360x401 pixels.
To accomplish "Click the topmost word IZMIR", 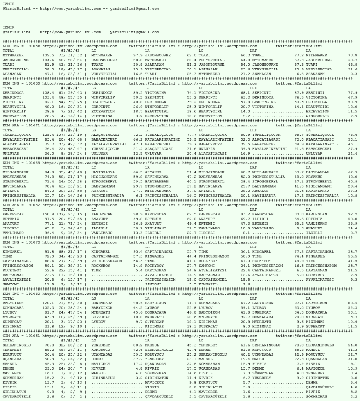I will pyautogui.click(x=7, y=4).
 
